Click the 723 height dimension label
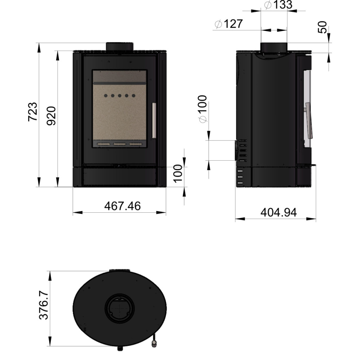coord(33,111)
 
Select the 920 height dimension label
coord(51,116)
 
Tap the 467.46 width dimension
coord(122,206)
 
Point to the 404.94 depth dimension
coord(278,212)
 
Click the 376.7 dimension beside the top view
coord(44,305)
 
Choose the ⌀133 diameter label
coord(278,5)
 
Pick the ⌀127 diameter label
coord(229,24)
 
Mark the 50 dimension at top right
coord(323,27)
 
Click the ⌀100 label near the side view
coord(203,109)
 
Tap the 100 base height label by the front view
coord(178,174)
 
